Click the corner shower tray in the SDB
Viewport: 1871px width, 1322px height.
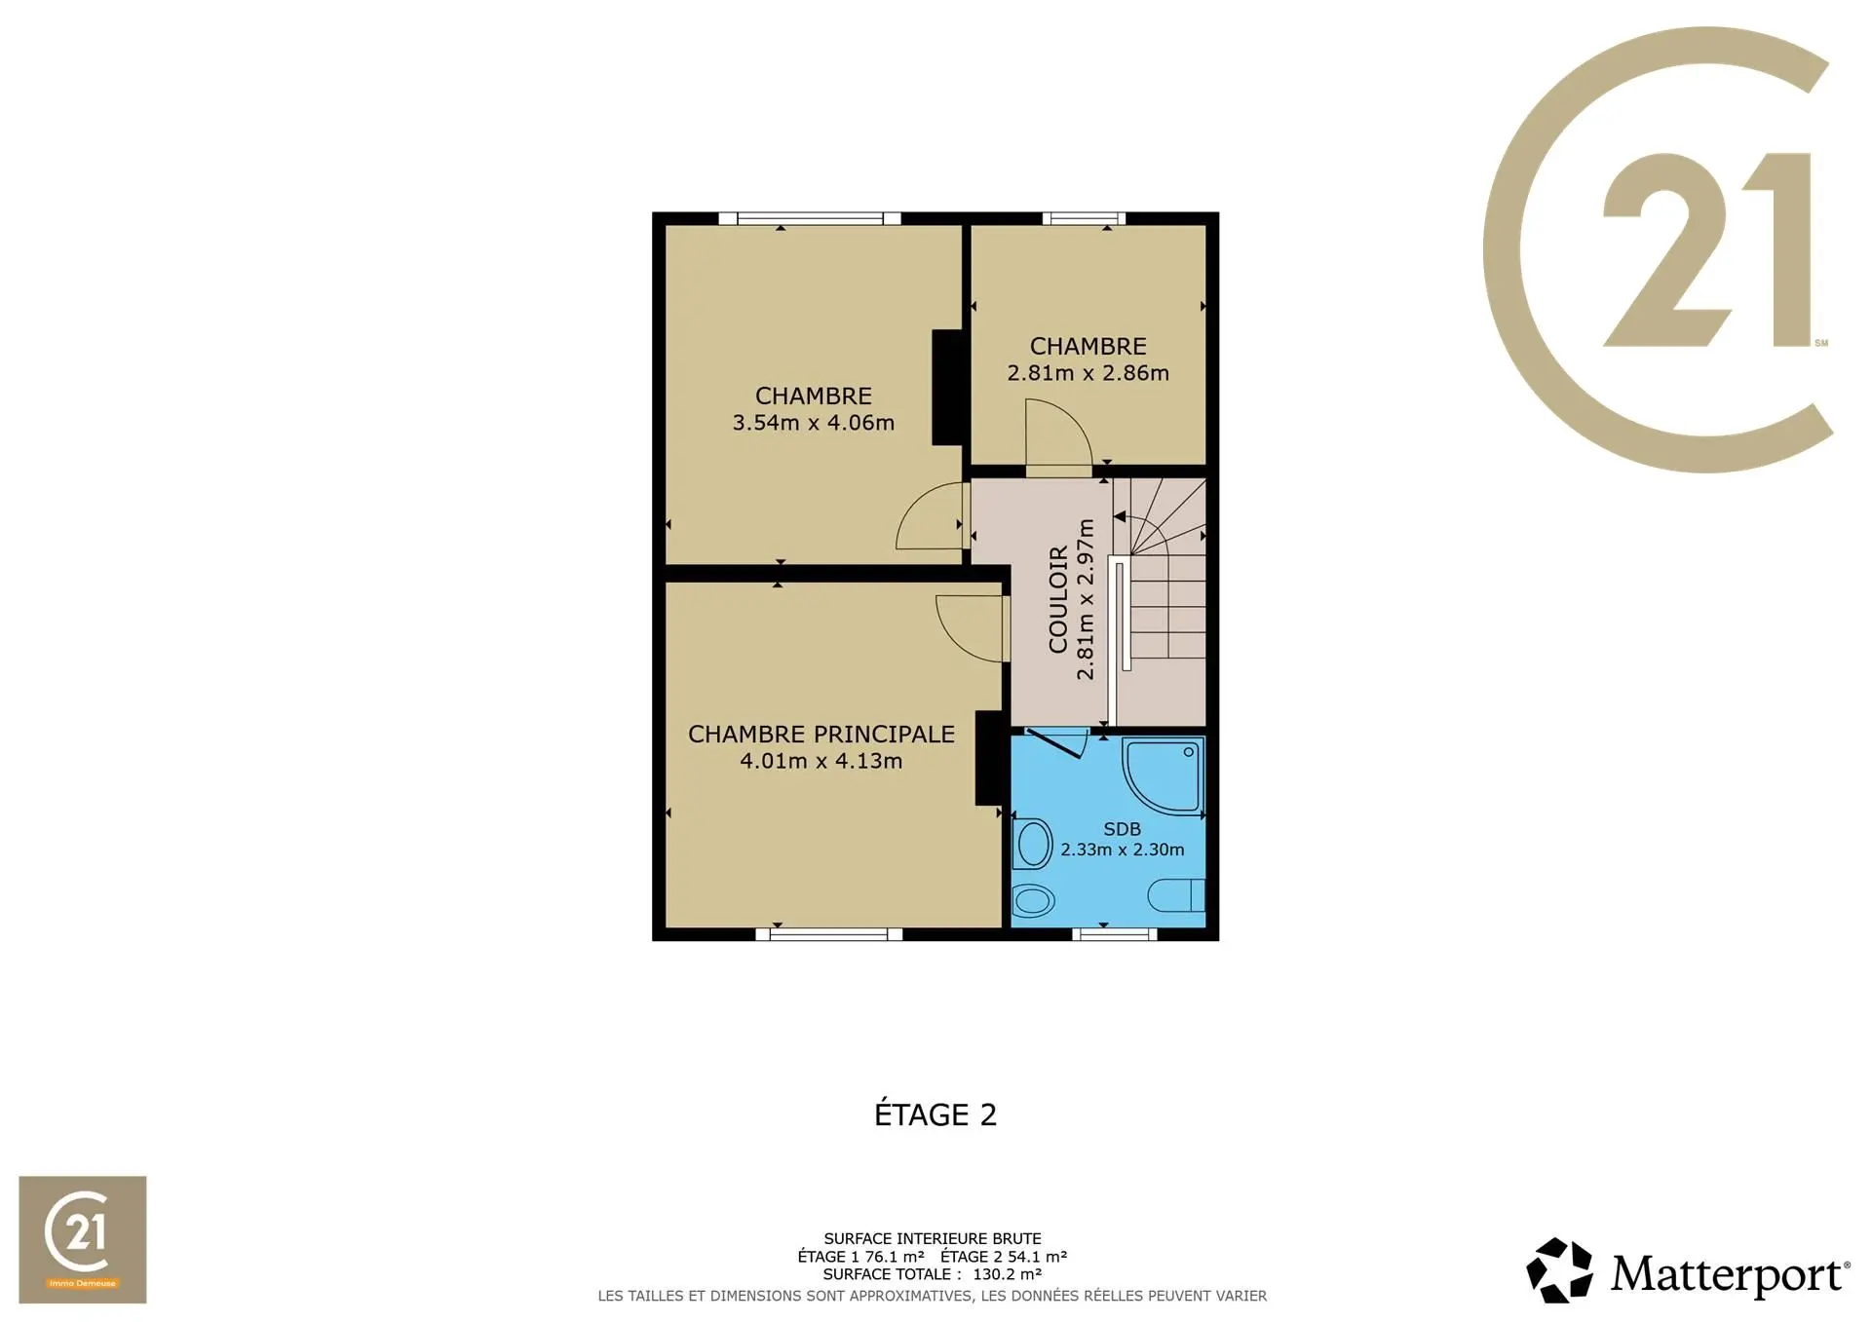[x=1163, y=774]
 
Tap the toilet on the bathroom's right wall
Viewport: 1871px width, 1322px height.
[x=1176, y=895]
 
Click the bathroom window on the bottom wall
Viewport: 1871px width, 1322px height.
[x=1115, y=934]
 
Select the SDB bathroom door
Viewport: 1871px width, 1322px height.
[x=1056, y=742]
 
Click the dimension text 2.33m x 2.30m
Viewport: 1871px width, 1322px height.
[x=1123, y=850]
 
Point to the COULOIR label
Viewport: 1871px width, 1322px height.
[x=1058, y=599]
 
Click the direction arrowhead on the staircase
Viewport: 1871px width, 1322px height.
[x=1120, y=516]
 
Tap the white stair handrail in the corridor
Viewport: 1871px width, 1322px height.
[x=1125, y=615]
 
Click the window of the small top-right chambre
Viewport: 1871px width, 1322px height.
[x=1084, y=218]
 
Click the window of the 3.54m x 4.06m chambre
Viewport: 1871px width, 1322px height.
[x=809, y=218]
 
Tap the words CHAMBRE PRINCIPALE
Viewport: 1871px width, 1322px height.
[x=821, y=735]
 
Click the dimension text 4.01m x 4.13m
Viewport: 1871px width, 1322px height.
[x=821, y=761]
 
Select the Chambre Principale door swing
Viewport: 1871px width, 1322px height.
[x=971, y=628]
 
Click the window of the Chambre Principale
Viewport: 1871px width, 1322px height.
[x=829, y=934]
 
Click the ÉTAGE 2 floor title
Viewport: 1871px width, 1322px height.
[x=935, y=1114]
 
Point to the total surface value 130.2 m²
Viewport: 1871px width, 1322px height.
[x=1008, y=1274]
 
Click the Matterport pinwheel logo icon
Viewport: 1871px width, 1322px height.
[x=1559, y=1270]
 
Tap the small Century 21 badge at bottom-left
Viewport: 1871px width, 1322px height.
[x=83, y=1239]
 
